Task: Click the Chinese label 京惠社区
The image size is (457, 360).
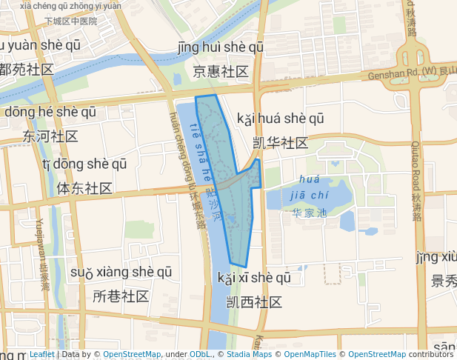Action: [x=220, y=72]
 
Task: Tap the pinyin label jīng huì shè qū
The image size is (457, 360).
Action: [x=221, y=48]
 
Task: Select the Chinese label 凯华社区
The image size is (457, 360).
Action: [x=280, y=143]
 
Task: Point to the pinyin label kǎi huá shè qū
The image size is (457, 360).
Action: [x=280, y=119]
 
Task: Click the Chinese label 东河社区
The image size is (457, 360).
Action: [x=50, y=137]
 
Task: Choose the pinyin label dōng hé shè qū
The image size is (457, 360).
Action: [x=50, y=113]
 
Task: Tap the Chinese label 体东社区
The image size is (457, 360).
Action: [x=84, y=188]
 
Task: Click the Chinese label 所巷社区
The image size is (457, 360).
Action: [x=121, y=296]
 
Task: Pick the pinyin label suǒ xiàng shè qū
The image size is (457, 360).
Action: [x=121, y=273]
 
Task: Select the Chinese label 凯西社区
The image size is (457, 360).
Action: [x=254, y=302]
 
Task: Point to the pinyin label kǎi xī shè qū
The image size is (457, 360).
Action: [x=254, y=279]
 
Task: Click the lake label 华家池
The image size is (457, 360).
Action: [x=310, y=213]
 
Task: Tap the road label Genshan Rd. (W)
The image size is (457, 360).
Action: [x=403, y=74]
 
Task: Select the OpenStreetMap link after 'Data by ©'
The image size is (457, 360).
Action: [x=131, y=355]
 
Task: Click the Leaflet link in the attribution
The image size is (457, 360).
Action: [x=41, y=355]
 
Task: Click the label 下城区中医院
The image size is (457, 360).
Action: [x=71, y=21]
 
